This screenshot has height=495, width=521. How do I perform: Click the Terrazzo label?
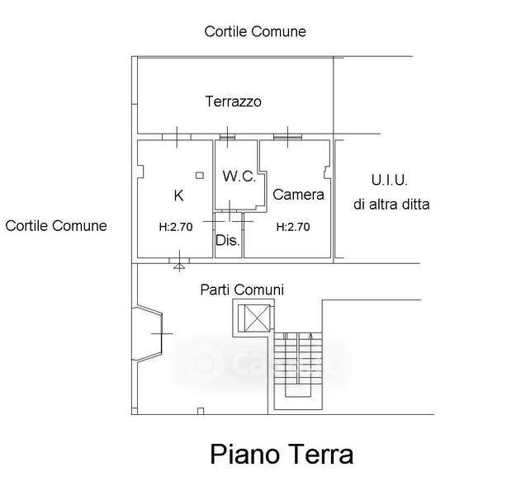(233, 102)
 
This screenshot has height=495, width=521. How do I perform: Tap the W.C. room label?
(239, 177)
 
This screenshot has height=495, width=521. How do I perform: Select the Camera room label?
(298, 196)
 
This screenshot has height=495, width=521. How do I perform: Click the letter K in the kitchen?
(178, 196)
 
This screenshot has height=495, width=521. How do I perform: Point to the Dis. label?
(227, 242)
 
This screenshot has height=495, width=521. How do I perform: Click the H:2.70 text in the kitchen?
(175, 227)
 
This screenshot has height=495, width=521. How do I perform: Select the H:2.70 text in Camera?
(292, 227)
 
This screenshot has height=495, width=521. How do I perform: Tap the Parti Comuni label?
(242, 290)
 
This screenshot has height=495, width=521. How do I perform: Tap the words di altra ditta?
(391, 204)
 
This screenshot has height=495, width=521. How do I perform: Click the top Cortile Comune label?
(255, 31)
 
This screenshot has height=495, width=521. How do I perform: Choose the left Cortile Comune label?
(56, 225)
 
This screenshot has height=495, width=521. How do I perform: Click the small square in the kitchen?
(199, 176)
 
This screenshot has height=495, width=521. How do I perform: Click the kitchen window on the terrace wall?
(177, 135)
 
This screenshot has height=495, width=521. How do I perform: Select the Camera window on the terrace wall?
(287, 135)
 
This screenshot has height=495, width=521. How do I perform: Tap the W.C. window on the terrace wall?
(229, 135)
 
